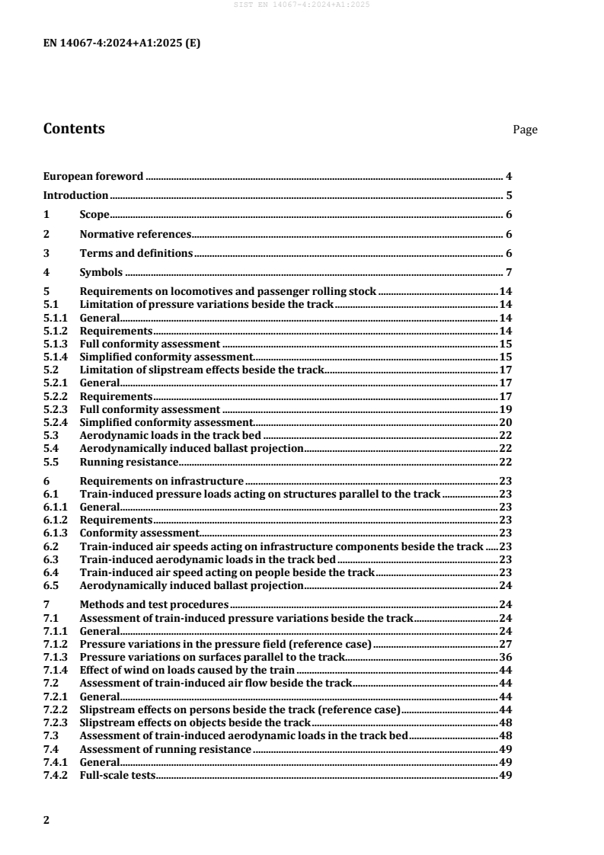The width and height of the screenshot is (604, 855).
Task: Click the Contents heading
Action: point(74,129)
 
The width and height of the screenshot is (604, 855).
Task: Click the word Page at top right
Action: point(525,130)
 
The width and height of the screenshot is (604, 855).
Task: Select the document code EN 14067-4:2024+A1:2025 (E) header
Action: point(122,43)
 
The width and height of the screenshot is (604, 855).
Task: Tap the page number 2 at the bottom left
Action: point(46,820)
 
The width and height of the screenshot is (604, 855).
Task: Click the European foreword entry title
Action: point(93,176)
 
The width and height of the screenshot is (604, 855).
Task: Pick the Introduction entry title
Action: point(75,195)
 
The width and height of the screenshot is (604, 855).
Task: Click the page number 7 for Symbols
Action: point(508,273)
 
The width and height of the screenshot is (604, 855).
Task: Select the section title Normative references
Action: point(135,234)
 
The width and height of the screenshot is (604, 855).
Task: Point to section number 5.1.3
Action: point(56,344)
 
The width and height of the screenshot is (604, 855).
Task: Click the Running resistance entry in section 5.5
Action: point(129,462)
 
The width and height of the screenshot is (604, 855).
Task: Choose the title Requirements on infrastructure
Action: point(161,481)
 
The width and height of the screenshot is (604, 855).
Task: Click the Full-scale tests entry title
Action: point(117,776)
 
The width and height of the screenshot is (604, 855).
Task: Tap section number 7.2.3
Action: point(56,722)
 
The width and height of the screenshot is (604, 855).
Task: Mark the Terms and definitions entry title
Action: point(136,253)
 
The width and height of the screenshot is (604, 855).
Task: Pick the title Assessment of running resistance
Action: point(165,749)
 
